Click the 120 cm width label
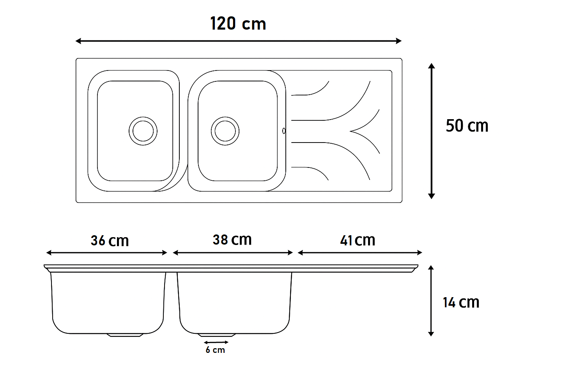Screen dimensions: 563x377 pyautogui.click(x=238, y=24)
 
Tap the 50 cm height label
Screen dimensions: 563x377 pyautogui.click(x=467, y=126)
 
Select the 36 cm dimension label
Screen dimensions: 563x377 pyautogui.click(x=110, y=241)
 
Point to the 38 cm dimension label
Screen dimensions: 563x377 pyautogui.click(x=232, y=240)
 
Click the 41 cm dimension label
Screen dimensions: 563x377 pyautogui.click(x=358, y=240)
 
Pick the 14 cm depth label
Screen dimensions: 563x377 pyautogui.click(x=461, y=302)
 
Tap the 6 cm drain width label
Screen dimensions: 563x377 pyautogui.click(x=215, y=350)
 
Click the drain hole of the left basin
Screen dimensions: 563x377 pyautogui.click(x=143, y=131)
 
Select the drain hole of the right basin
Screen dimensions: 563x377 pyautogui.click(x=225, y=131)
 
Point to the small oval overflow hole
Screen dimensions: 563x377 pyautogui.click(x=284, y=131)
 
